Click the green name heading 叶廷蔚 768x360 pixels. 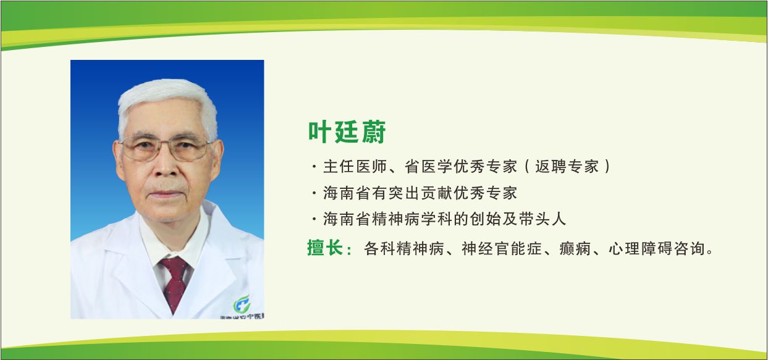coord(347,132)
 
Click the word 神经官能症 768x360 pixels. coord(501,249)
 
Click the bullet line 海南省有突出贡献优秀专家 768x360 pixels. coord(420,193)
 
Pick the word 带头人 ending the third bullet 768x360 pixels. coord(546,219)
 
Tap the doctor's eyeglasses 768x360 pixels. coord(164,148)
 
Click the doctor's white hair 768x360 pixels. coord(167,96)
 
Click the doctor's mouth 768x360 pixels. coord(167,195)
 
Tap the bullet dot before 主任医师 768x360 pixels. coord(314,167)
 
